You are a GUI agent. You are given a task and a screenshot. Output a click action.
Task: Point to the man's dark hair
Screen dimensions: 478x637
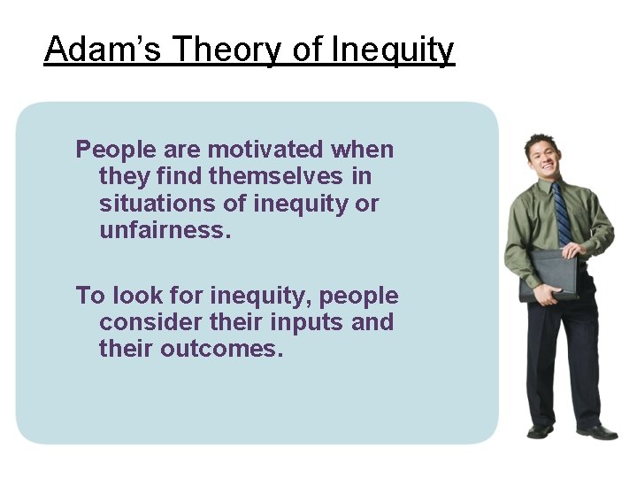tap(538, 141)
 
